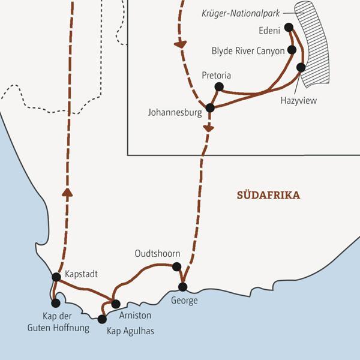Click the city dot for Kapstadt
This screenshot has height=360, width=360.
coord(56,277)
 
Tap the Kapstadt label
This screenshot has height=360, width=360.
coord(80,274)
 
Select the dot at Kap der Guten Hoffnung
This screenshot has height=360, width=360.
coord(56,303)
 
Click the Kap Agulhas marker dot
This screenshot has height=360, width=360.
coord(102,319)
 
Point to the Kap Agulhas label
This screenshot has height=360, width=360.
coord(130,330)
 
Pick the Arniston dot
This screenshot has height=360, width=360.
coord(116,304)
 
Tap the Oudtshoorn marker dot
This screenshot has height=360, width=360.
coord(176,266)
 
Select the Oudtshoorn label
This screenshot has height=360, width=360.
coord(157,254)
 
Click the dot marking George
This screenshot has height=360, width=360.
coord(184,286)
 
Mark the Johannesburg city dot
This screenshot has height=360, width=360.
coord(210,108)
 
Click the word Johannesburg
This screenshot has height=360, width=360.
coord(175,111)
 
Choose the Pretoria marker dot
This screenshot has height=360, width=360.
coord(219,88)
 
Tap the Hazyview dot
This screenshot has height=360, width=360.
coord(301,67)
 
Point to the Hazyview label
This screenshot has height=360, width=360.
coord(298,100)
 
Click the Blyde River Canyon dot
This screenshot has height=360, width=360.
coord(292,50)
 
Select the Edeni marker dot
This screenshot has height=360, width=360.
coord(289,27)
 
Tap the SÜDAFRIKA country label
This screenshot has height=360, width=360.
coord(268,196)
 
